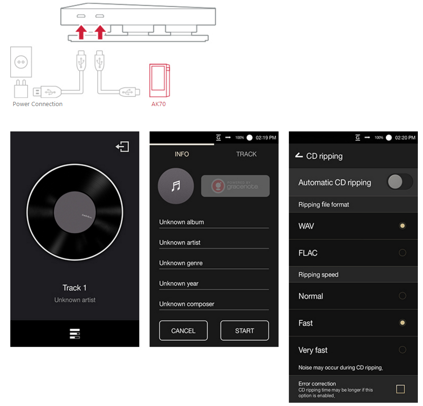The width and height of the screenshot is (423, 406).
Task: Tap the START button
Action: click(x=244, y=330)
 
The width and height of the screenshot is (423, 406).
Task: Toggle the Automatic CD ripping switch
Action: click(x=400, y=182)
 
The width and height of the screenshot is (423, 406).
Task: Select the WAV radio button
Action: click(x=402, y=226)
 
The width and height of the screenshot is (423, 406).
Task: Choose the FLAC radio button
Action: click(x=402, y=253)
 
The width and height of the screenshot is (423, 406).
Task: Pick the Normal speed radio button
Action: click(x=402, y=296)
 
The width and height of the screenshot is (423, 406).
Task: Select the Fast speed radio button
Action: click(x=402, y=323)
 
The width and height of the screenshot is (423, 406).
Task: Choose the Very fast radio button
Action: click(x=402, y=350)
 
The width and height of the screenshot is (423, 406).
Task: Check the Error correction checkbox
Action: click(x=400, y=389)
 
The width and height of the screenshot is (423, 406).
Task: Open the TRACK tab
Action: click(x=246, y=154)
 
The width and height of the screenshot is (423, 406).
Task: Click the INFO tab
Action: click(x=181, y=154)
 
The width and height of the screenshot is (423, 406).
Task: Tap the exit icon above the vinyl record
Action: click(x=122, y=147)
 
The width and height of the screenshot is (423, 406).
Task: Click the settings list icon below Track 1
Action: click(x=75, y=334)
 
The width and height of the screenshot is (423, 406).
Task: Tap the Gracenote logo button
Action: click(x=235, y=186)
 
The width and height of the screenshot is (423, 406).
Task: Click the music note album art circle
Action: click(x=176, y=186)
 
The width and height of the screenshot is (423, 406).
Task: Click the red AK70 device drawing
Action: click(x=160, y=80)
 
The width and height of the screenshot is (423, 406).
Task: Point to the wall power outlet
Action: click(x=21, y=62)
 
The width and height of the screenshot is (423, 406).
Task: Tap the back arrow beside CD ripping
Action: click(x=299, y=155)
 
